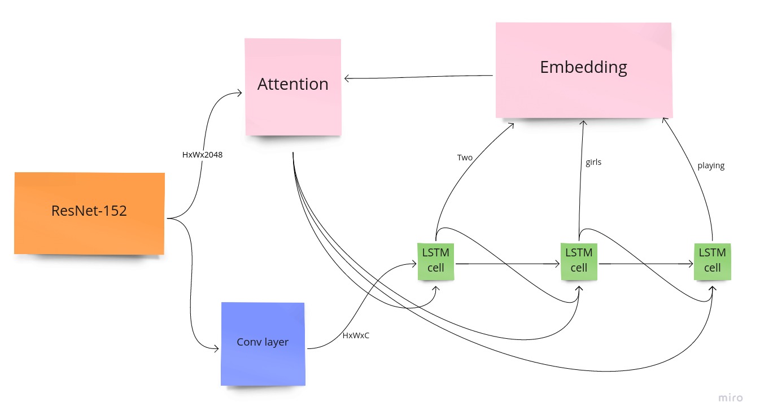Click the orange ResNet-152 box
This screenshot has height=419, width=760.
(x=89, y=213)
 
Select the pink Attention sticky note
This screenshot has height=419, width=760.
(x=293, y=87)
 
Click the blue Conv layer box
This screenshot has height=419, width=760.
(x=263, y=344)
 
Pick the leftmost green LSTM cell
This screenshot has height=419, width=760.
(x=436, y=261)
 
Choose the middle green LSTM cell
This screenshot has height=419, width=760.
(x=579, y=261)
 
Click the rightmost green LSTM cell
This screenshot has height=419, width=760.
(x=712, y=261)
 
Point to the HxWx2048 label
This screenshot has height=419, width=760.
(x=202, y=155)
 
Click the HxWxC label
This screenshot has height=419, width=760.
(x=356, y=335)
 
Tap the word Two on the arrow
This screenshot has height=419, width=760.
(x=465, y=158)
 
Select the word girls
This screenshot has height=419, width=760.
(x=593, y=162)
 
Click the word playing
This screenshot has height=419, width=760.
(x=711, y=166)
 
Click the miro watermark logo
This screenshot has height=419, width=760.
(x=731, y=398)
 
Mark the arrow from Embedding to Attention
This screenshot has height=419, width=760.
(x=418, y=77)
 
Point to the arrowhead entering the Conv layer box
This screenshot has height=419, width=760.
(x=216, y=349)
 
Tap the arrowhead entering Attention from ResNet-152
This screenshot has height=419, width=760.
(x=239, y=94)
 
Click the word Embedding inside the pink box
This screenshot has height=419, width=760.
(x=583, y=67)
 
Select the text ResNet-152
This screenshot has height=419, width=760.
(x=89, y=211)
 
